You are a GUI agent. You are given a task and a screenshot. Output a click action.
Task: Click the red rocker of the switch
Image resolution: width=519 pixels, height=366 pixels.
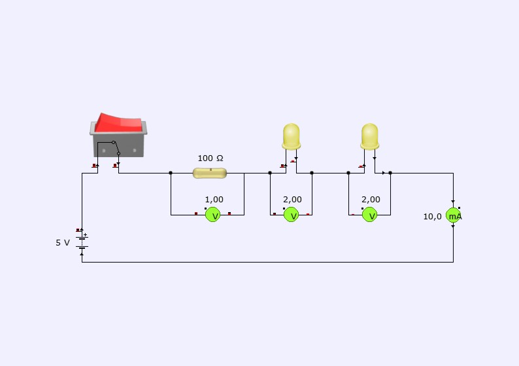[120, 122]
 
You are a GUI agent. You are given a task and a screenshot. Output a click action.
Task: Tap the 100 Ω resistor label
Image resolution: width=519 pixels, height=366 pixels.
[210, 158]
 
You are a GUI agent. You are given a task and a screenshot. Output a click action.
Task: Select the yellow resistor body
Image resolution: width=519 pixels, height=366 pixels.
[210, 173]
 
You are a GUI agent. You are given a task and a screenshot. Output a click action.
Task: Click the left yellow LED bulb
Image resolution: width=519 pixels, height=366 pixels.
[291, 136]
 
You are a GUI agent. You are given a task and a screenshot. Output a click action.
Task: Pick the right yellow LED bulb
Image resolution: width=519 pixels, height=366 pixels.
[370, 136]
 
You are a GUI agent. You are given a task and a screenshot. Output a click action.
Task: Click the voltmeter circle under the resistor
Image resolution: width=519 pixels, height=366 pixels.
[213, 214]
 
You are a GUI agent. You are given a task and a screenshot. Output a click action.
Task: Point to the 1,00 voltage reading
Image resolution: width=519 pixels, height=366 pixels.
[214, 200]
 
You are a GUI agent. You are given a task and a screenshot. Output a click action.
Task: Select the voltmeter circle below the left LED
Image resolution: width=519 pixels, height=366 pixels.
[292, 214]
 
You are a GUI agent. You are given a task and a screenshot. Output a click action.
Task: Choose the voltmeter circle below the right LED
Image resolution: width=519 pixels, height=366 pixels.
[370, 214]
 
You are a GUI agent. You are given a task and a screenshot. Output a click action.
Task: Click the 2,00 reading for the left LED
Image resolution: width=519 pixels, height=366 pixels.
[292, 200]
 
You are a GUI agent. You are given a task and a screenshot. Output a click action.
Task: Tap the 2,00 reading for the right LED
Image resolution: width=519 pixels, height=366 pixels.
[371, 200]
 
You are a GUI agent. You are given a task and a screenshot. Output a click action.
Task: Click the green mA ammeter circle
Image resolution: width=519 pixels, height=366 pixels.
[454, 215]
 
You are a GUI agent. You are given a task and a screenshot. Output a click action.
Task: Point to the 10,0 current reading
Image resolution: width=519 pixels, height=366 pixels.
[433, 216]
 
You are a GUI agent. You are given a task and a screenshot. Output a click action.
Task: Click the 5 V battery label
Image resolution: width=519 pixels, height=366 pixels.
[62, 242]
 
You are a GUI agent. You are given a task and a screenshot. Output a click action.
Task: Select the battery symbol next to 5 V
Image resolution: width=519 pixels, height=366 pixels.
[82, 242]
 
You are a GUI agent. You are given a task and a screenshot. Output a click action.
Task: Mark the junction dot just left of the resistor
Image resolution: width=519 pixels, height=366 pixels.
[171, 173]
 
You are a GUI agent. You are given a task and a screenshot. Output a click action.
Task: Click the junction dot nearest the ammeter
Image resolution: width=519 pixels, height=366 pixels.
[390, 173]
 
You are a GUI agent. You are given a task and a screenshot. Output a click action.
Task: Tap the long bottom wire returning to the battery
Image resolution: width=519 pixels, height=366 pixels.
[261, 262]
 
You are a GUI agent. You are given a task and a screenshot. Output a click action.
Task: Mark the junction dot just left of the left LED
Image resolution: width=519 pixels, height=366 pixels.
[270, 173]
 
